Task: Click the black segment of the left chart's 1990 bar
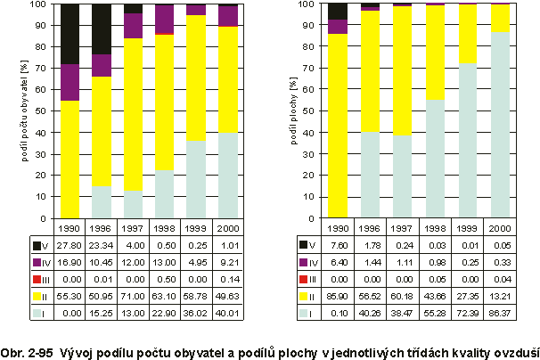click(x=70, y=34)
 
